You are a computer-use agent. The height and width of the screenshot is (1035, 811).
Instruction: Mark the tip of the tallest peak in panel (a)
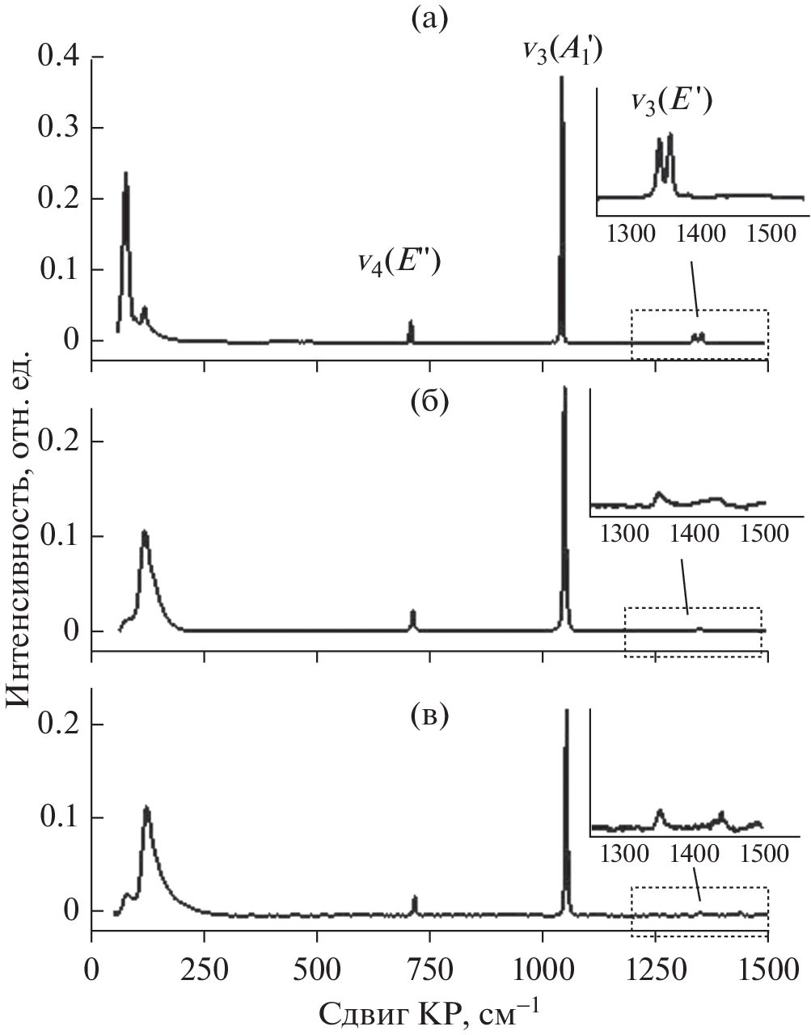tap(561, 77)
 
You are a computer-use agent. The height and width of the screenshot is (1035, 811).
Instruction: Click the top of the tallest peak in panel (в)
tap(566, 710)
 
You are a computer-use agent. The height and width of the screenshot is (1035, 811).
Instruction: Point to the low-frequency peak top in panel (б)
tap(145, 531)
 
